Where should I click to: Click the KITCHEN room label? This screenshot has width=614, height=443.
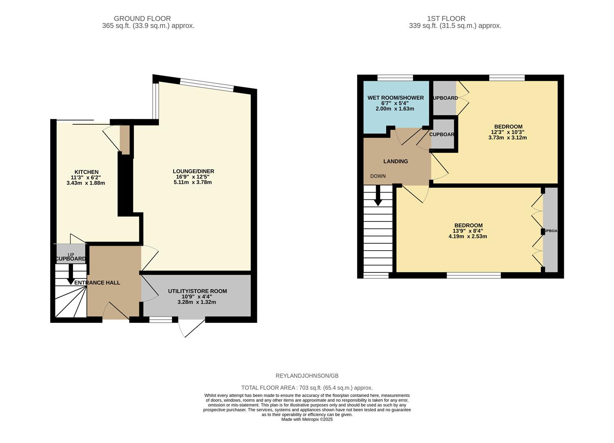pos(86,172)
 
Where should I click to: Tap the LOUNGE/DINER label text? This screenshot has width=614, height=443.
pos(193,171)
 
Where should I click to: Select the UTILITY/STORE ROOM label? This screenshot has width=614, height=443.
pos(197,291)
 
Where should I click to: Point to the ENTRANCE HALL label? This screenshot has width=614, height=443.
pos(97,283)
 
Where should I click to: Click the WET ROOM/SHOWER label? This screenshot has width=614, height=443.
pos(396,98)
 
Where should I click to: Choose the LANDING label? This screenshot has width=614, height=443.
pos(396,161)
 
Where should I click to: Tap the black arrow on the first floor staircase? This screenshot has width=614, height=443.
pos(378,196)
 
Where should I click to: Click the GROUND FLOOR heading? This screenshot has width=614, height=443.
pos(142,18)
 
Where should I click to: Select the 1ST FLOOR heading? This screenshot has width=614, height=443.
pos(446,18)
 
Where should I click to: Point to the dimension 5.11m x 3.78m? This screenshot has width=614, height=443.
pos(193,182)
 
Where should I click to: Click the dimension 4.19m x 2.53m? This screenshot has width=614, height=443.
pos(468,236)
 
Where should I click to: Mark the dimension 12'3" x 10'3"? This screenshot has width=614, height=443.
pos(508,132)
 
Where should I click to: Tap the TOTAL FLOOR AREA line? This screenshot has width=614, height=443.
pos(307,388)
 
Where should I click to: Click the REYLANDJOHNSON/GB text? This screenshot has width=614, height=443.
pos(307,376)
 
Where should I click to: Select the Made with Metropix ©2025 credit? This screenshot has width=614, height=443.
pos(307,419)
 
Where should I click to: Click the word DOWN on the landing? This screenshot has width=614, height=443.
pos(378,176)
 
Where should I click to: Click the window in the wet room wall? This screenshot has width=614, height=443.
pos(395,78)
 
